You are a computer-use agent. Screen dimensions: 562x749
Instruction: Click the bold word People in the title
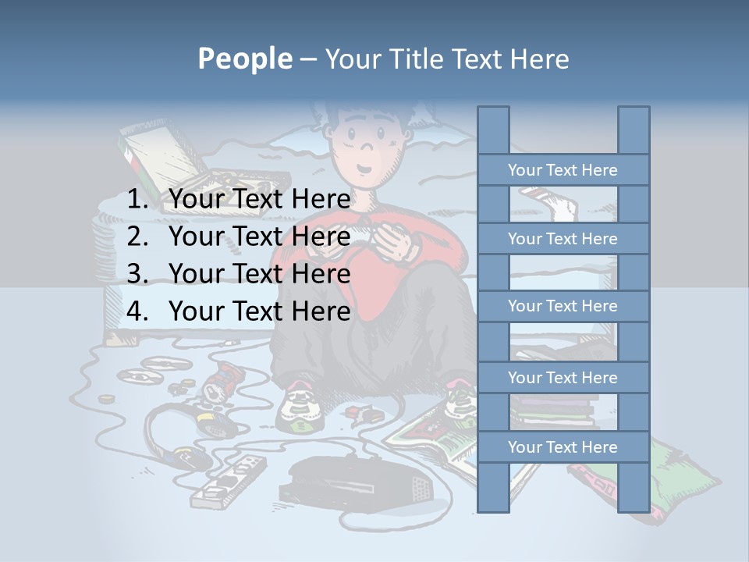pyautogui.click(x=244, y=59)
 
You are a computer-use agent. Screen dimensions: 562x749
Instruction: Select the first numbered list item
pyautogui.click(x=259, y=200)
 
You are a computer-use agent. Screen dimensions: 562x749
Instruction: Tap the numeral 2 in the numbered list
pyautogui.click(x=137, y=237)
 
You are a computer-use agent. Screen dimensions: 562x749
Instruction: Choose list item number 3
pyautogui.click(x=259, y=274)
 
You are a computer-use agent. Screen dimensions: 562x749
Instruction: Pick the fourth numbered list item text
pyautogui.click(x=259, y=311)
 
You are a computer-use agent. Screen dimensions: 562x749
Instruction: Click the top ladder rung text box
pyautogui.click(x=563, y=170)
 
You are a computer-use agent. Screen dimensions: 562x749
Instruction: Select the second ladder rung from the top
pyautogui.click(x=563, y=239)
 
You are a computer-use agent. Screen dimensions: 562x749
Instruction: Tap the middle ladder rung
pyautogui.click(x=563, y=306)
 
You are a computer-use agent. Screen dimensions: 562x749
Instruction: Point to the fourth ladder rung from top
pyautogui.click(x=563, y=378)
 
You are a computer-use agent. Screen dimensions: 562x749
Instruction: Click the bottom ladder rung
pyautogui.click(x=563, y=447)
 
